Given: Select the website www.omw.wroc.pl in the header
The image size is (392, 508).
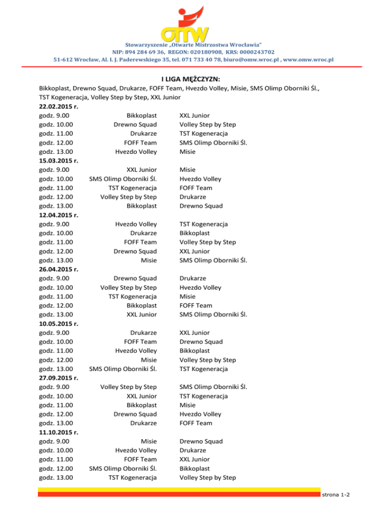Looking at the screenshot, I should pyautogui.click(x=308, y=60).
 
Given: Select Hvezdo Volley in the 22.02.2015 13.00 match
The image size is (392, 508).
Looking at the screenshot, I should pyautogui.click(x=136, y=152).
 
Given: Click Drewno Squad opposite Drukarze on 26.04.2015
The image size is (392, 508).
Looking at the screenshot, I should pyautogui.click(x=135, y=279).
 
